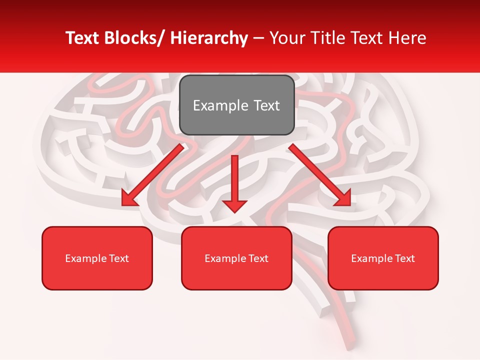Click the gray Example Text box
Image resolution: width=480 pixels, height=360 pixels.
tap(236, 105)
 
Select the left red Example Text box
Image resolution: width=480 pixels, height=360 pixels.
tap(97, 258)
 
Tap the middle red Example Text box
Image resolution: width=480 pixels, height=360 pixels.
tap(236, 258)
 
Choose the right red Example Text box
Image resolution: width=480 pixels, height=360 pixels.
tap(383, 258)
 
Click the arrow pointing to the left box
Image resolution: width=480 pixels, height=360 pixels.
tap(152, 175)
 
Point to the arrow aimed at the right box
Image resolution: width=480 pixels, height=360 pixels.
tap(320, 175)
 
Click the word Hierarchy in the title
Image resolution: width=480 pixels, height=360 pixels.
tap(209, 38)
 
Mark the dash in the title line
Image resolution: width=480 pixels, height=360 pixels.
tap(258, 38)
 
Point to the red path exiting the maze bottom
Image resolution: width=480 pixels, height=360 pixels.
tap(350, 340)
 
